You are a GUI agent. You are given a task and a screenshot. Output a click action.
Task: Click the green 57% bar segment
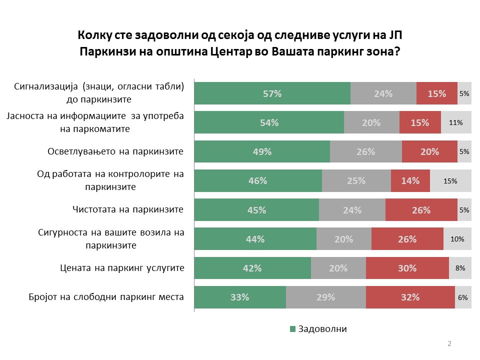pos(272,93)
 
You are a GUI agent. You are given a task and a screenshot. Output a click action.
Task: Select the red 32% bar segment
pos(410,297)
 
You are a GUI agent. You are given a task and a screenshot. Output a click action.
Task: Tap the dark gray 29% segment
pos(325,297)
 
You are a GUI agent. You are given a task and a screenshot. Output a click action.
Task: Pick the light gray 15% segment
pos(450,181)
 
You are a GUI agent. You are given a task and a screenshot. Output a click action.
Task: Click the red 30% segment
pos(407,268)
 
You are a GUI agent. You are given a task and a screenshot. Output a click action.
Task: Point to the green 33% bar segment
pos(239,297)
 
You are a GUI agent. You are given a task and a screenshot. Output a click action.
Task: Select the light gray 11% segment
pos(456,122)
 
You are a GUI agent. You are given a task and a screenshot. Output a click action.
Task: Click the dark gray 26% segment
pos(365,152)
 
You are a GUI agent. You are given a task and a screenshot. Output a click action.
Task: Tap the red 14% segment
pos(410,181)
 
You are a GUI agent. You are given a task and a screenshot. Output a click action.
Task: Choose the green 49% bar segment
pos(262,152)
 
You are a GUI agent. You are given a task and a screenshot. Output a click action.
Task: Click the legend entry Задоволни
pos(322,329)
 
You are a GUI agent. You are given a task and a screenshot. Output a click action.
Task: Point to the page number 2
pos(449,344)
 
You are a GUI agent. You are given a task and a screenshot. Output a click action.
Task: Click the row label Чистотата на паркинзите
pos(128,209)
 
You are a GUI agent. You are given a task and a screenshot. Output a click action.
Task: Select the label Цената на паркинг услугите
pos(119,268)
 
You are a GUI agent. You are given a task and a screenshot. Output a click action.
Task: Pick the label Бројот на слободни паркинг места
pos(106,297)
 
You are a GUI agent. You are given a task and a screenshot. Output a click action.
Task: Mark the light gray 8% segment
pos(460,268)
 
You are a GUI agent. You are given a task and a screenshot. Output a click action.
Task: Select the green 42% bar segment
pos(252,268)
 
